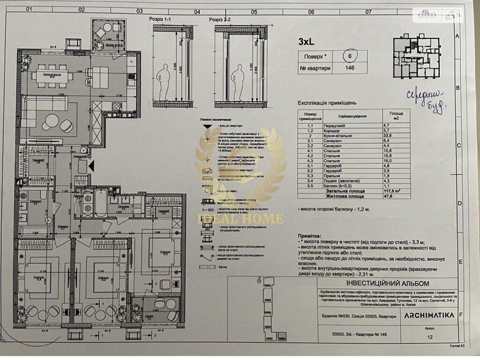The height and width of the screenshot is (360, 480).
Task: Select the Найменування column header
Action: coord(352,116)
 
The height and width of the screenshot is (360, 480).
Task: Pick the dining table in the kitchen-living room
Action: coord(52,75)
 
